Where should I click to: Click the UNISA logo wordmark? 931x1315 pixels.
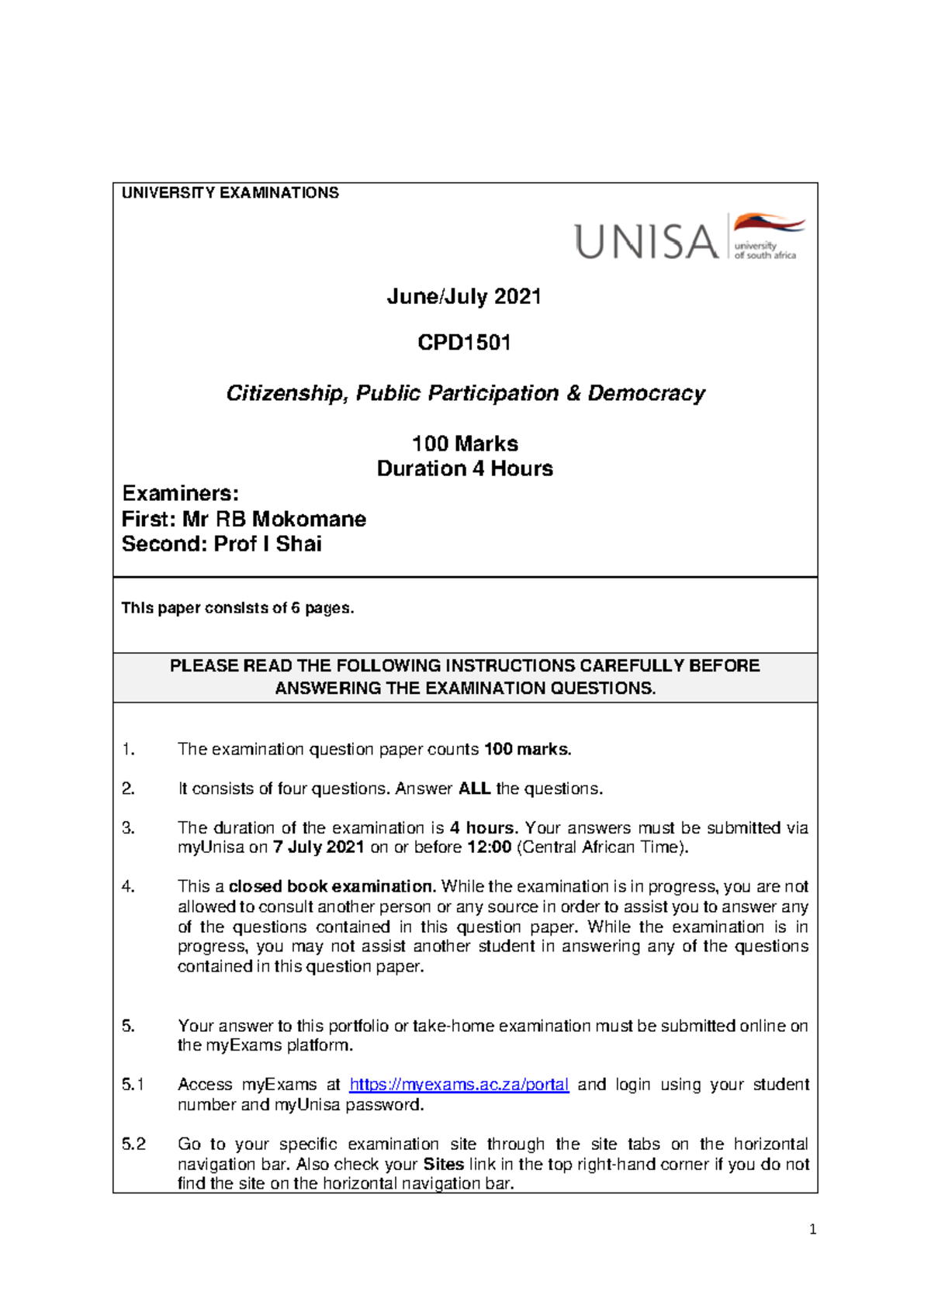tap(645, 241)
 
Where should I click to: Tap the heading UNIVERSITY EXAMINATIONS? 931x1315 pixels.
tap(230, 193)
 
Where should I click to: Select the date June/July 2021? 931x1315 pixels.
tap(464, 297)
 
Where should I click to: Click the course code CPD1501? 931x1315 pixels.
tap(464, 343)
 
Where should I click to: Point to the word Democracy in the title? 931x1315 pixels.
tap(645, 393)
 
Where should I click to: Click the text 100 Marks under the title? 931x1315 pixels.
tap(465, 444)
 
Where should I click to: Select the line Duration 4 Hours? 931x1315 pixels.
tap(465, 468)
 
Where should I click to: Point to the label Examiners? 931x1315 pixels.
tap(180, 494)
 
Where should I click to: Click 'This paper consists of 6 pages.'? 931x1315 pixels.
tap(237, 608)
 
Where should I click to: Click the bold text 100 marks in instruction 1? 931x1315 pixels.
tap(528, 750)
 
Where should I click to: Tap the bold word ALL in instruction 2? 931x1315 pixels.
tap(474, 789)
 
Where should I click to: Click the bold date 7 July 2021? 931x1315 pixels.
tap(318, 847)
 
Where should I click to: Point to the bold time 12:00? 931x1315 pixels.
tap(489, 847)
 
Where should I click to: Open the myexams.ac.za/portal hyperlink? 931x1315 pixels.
tap(459, 1085)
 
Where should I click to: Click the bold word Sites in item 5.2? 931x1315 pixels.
tap(443, 1164)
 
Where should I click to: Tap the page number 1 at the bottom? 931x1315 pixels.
tap(812, 1229)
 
